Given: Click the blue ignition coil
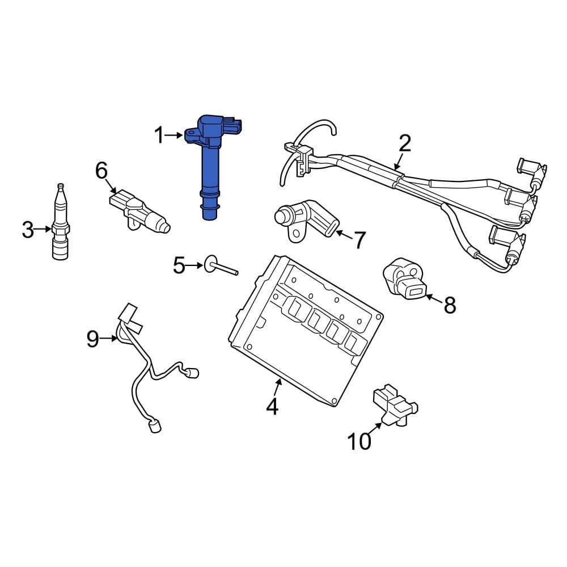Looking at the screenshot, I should [x=210, y=164].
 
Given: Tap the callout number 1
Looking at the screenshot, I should [x=159, y=136].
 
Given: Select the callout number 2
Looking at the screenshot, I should [x=404, y=143].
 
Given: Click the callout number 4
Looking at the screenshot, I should [x=273, y=406].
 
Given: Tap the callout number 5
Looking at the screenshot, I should [x=179, y=265].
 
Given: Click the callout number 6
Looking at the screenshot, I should [x=101, y=170].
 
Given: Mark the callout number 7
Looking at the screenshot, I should [x=360, y=240].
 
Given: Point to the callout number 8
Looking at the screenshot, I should [x=449, y=305].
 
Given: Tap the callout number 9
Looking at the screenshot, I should [x=93, y=339].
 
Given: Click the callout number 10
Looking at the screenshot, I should [x=359, y=441].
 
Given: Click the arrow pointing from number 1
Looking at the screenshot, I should [x=176, y=135].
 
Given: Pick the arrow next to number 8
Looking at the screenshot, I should [x=432, y=298].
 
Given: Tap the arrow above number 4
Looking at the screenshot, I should [x=277, y=388].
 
